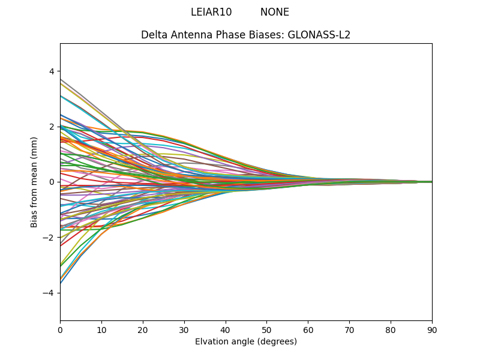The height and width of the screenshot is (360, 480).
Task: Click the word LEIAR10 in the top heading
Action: pos(211,12)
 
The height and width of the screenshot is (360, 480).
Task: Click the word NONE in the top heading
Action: pos(275,12)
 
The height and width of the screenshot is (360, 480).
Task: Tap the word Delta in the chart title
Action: pos(154,35)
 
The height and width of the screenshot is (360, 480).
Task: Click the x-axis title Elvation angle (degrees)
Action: pos(246,341)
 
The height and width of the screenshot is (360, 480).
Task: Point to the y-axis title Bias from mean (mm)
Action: pos(35,182)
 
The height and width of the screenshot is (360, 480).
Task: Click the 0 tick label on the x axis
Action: pos(60,329)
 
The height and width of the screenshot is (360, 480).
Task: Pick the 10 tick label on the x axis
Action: pos(101,329)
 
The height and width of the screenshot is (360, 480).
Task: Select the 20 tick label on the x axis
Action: pos(143,329)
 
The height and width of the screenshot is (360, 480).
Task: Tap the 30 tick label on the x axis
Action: pos(184,329)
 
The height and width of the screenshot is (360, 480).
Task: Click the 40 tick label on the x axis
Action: pos(226,329)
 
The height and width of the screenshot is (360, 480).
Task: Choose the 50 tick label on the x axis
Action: pos(266,329)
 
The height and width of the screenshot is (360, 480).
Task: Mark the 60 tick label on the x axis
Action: pos(308,329)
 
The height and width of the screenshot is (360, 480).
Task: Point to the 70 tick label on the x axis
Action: pos(349,329)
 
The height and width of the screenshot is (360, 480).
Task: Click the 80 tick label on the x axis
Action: pos(391,329)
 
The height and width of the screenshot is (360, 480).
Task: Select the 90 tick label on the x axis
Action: pos(432,329)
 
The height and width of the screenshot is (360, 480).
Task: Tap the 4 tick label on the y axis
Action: pos(52,71)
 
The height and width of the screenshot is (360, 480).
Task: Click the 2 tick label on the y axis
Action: pos(52,127)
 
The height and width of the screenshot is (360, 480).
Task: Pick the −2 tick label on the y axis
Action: pos(49,238)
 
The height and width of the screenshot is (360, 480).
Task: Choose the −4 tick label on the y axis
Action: pos(49,293)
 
